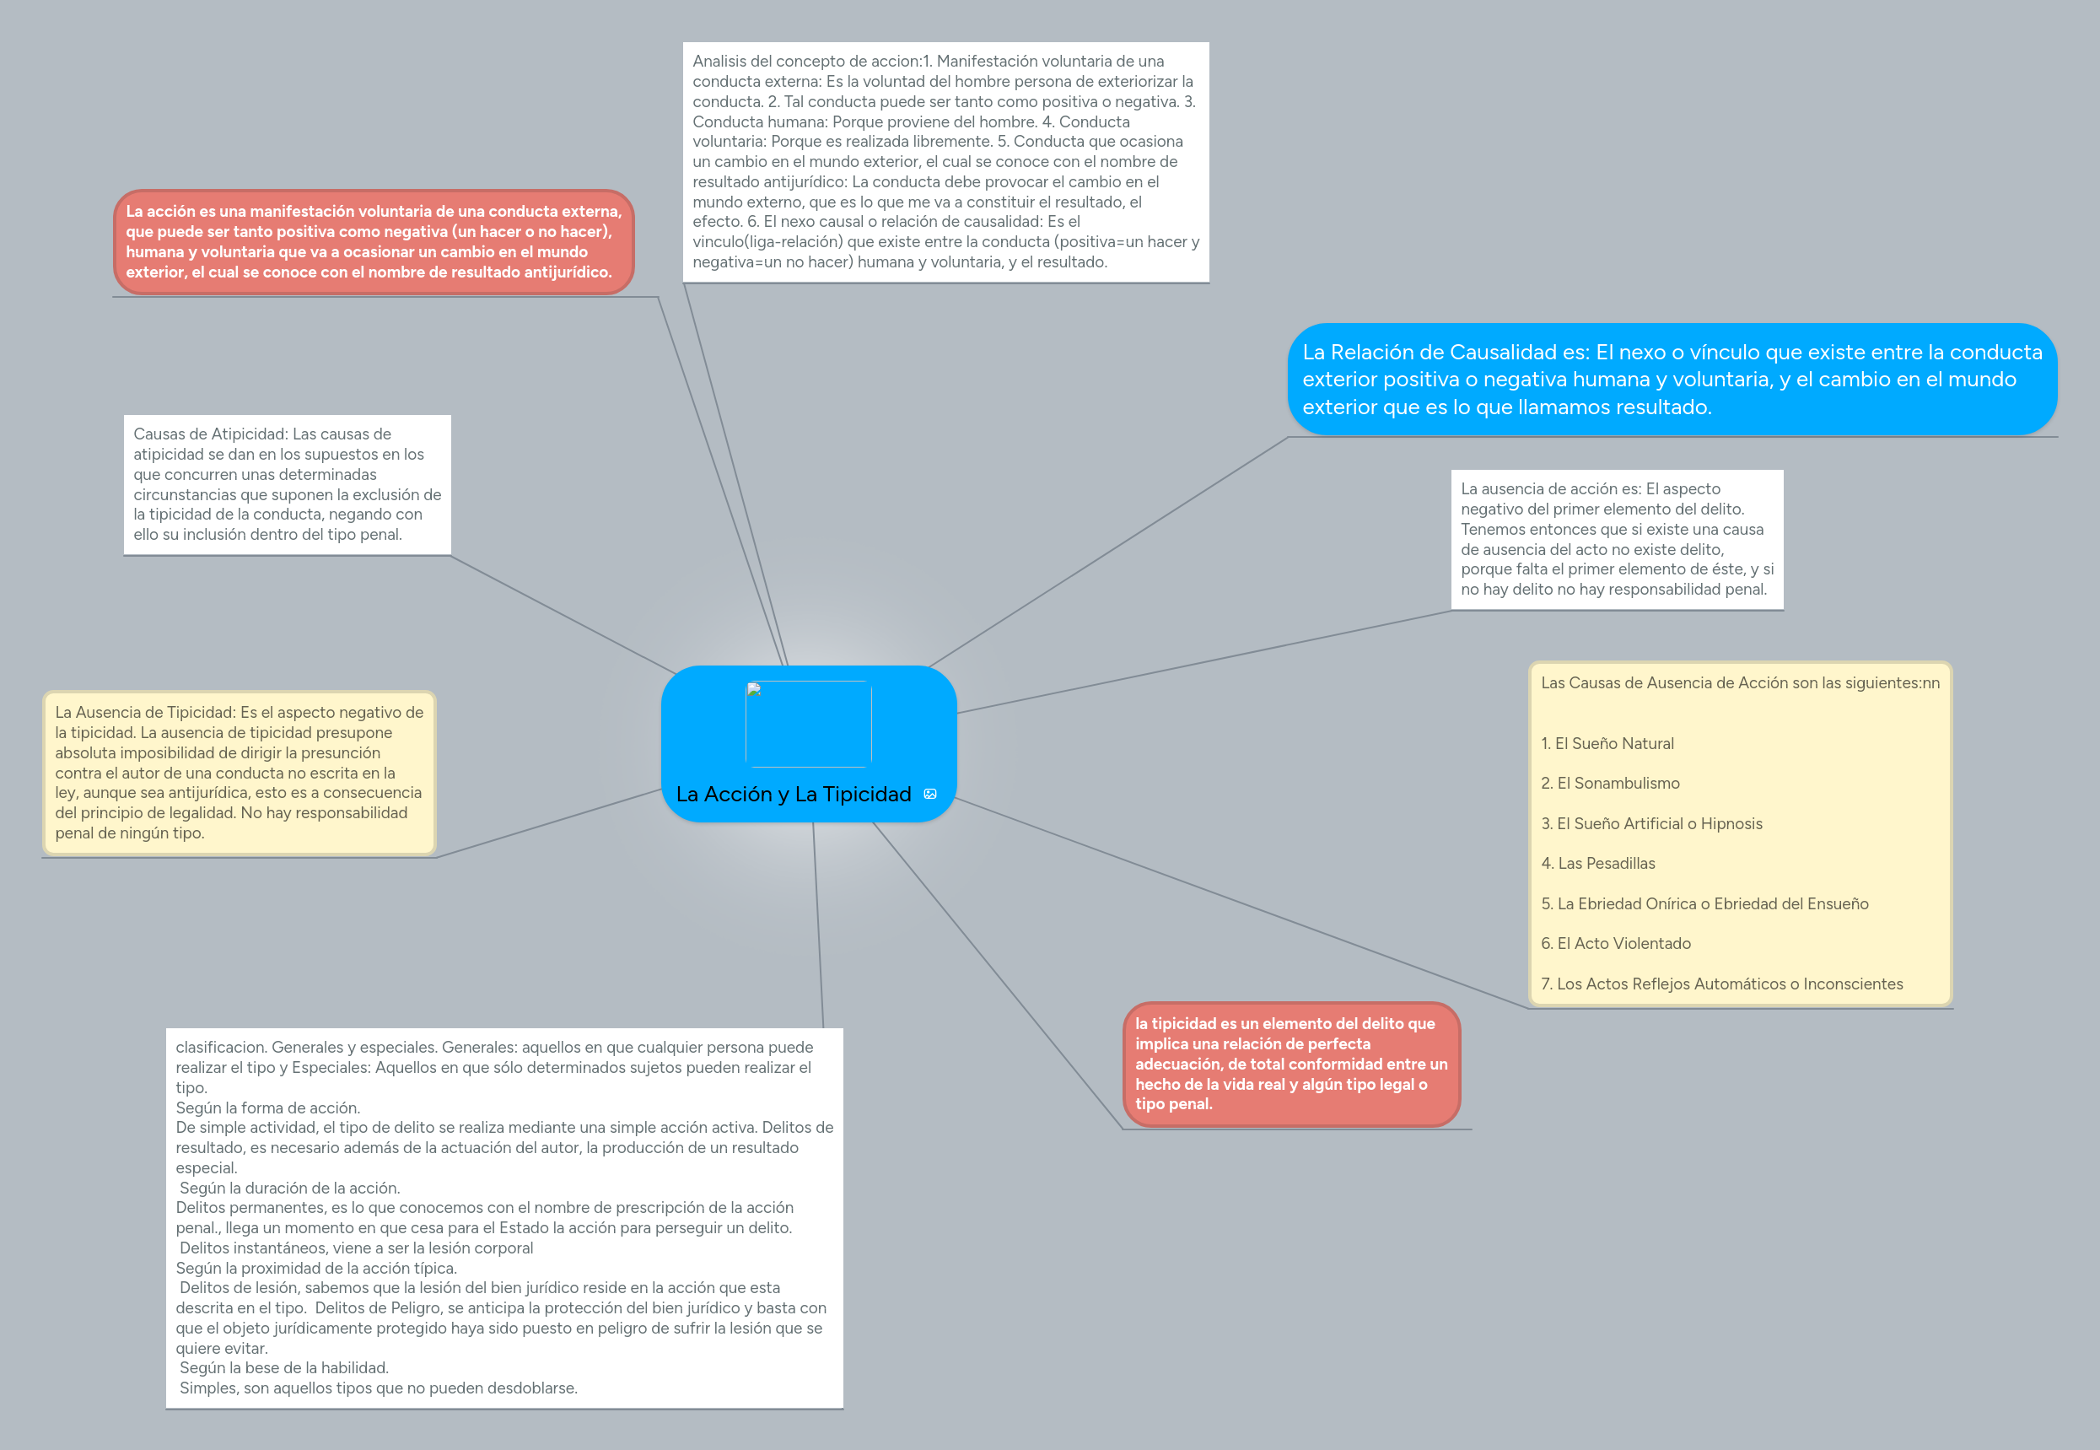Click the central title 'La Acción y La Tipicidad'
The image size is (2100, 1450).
(x=793, y=794)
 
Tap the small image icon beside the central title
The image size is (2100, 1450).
(x=930, y=794)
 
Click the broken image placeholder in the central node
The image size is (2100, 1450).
(x=809, y=724)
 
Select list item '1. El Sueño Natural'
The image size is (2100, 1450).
(x=1607, y=743)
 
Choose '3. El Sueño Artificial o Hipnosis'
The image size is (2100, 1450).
(x=1651, y=823)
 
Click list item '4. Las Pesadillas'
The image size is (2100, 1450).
(x=1597, y=863)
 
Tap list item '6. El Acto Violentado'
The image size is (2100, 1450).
(x=1615, y=943)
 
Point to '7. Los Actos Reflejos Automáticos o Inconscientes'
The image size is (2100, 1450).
(x=1721, y=984)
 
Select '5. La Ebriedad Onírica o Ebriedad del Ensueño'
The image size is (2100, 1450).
(x=1704, y=904)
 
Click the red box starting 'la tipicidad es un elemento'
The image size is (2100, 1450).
(x=1290, y=1064)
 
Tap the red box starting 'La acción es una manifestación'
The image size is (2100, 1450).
(x=374, y=241)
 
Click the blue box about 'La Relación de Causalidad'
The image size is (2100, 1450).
(x=1672, y=379)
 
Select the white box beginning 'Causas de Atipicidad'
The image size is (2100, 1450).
(x=287, y=484)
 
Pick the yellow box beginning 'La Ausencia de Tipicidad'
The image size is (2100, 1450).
(x=239, y=773)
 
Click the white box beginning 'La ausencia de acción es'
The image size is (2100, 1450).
(x=1616, y=539)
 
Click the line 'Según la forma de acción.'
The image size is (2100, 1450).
(x=268, y=1108)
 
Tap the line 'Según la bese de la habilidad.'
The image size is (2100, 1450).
(x=283, y=1367)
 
